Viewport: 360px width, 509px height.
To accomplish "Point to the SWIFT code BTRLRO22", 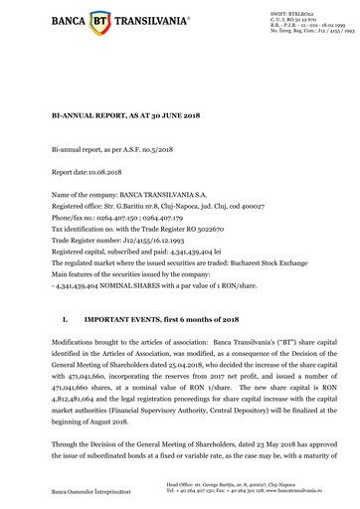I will coord(299,10).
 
